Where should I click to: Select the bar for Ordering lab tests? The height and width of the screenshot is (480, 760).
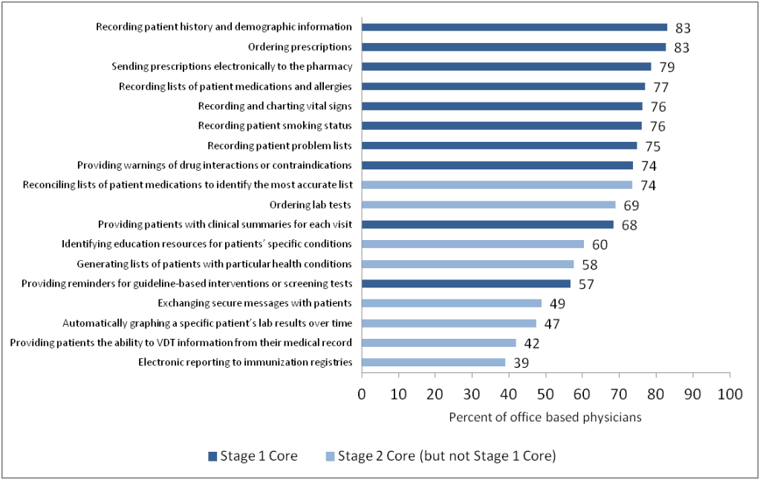tap(489, 204)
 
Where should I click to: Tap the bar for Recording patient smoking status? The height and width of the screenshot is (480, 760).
tap(501, 126)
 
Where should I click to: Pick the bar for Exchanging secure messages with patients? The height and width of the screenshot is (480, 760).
tap(452, 303)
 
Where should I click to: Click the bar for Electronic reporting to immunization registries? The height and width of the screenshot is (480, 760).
tap(434, 363)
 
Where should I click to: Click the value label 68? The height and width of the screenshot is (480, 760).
tap(629, 225)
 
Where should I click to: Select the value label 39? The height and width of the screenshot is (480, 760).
tap(521, 363)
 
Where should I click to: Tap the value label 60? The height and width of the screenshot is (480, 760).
tap(600, 245)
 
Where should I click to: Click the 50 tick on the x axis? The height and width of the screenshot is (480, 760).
tap(546, 393)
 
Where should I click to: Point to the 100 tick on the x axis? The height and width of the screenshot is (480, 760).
tap(730, 393)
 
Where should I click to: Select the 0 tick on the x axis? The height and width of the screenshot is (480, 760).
tap(363, 393)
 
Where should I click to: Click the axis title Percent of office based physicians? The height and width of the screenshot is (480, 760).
tap(545, 417)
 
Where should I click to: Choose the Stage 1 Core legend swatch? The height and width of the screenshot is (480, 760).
tap(212, 456)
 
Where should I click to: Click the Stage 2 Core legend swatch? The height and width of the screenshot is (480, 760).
tap(330, 456)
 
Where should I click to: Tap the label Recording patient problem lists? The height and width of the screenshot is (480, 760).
tap(279, 145)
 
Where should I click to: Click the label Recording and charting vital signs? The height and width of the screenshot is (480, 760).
tap(275, 106)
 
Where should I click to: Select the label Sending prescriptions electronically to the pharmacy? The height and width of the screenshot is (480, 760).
tap(232, 66)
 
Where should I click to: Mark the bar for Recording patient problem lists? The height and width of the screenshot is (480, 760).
tap(499, 146)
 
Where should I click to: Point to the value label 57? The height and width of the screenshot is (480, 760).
tap(585, 285)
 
